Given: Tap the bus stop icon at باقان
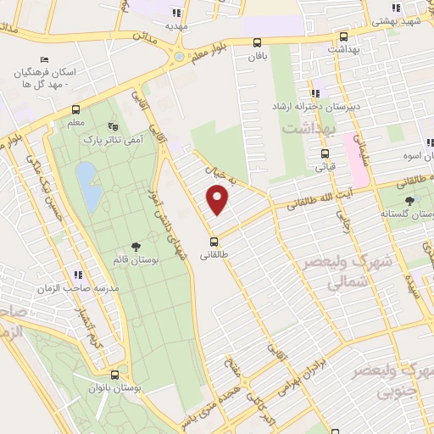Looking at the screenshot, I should pos(257,42).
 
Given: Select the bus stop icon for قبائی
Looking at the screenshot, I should pos(324,154).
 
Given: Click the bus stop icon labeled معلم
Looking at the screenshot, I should pos(75,109).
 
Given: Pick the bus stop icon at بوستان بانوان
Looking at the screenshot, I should pos(115,375).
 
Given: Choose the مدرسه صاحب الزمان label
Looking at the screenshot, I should pos(76,288).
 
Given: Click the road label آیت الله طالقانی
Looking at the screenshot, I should pos(319,198).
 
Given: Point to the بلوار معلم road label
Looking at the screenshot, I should pos(207,50).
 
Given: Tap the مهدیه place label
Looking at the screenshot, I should pos(176,25).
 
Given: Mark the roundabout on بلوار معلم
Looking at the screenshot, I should pos(179,57).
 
